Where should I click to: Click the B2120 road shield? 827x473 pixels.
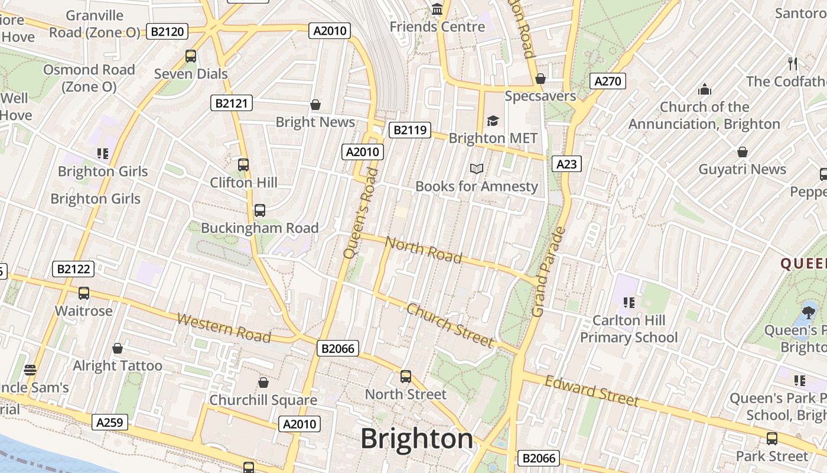[167, 31]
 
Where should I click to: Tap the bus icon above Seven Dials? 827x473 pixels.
[191, 56]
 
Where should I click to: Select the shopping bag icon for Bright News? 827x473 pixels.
[315, 105]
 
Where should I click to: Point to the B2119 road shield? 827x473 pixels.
[410, 130]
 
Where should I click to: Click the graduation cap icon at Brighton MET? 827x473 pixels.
[493, 121]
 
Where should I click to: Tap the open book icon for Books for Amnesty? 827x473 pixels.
[477, 169]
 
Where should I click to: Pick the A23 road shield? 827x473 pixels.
[566, 164]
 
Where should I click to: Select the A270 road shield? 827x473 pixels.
[607, 81]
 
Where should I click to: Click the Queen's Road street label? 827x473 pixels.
[360, 213]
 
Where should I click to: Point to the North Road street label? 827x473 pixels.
[423, 249]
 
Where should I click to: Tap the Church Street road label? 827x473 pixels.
[450, 325]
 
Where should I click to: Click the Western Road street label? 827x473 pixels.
[224, 328]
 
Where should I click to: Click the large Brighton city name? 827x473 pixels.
[417, 439]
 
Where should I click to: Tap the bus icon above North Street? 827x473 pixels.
[406, 377]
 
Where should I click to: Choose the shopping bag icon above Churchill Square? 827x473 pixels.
[263, 383]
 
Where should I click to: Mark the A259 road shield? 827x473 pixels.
[110, 422]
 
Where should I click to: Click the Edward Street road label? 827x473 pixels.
[591, 391]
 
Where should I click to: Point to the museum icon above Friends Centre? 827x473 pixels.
[437, 9]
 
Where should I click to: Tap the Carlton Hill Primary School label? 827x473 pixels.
[629, 329]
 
